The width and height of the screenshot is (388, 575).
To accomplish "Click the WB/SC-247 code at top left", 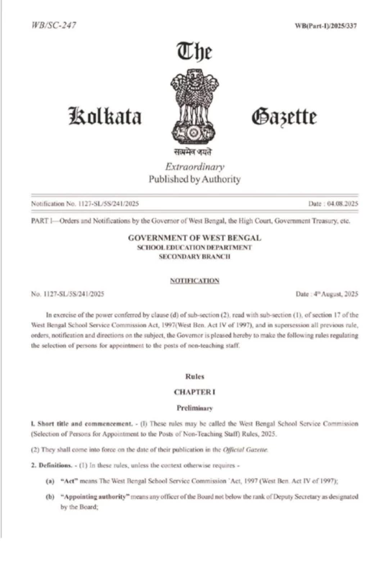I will [55, 25].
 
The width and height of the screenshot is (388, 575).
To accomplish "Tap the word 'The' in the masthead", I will [194, 52].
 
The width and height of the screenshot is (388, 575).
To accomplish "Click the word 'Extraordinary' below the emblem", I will [194, 167].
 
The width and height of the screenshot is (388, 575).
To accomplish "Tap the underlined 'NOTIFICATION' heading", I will [194, 280].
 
